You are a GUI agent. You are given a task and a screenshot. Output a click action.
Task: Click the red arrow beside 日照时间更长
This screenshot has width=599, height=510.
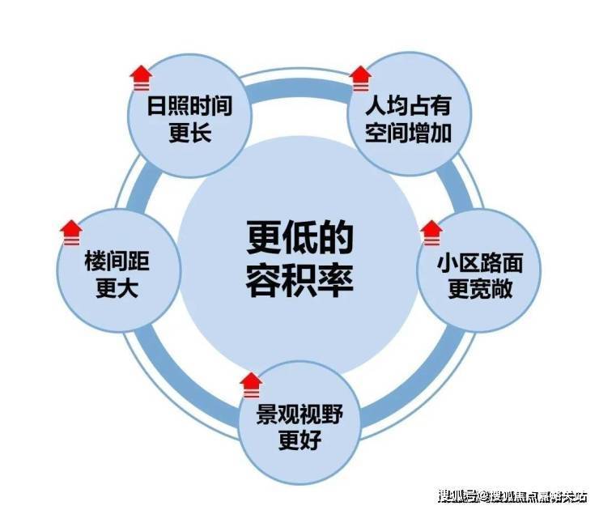click(141, 78)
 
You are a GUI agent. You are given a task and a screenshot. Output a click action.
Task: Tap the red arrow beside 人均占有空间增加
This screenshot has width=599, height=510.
click(361, 79)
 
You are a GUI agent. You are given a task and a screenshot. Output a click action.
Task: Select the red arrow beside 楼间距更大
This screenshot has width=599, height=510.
click(71, 232)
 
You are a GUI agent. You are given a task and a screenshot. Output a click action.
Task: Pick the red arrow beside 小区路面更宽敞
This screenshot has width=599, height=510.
click(431, 232)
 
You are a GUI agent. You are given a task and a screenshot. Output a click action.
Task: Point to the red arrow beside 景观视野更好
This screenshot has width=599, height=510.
click(252, 385)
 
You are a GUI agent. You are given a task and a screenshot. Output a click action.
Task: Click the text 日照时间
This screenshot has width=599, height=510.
click(190, 106)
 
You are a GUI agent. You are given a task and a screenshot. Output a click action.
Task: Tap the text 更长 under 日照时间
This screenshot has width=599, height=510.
click(190, 133)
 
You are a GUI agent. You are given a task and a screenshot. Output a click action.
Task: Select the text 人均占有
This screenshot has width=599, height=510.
click(409, 106)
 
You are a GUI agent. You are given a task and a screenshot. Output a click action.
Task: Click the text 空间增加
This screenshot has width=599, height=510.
click(409, 133)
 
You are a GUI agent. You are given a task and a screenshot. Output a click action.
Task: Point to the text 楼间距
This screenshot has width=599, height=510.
click(117, 261)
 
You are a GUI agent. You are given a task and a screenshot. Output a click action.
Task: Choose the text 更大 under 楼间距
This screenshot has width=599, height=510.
click(117, 288)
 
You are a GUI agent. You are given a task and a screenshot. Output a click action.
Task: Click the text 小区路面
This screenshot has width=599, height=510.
click(480, 263)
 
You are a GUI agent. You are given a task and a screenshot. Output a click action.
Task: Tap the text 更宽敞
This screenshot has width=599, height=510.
click(480, 289)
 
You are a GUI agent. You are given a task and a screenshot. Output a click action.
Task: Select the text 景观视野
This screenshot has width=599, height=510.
click(299, 414)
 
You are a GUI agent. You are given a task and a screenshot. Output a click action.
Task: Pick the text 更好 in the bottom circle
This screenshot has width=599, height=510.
click(299, 440)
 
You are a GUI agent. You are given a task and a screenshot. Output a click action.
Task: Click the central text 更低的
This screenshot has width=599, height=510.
click(299, 238)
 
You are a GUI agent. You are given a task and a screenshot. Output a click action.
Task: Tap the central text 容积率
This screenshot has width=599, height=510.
click(299, 281)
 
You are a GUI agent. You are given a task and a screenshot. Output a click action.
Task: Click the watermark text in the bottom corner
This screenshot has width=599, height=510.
click(512, 496)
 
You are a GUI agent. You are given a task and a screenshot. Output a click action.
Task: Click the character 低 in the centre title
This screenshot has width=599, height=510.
click(300, 238)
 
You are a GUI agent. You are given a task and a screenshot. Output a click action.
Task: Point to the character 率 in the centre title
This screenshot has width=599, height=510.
click(336, 281)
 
